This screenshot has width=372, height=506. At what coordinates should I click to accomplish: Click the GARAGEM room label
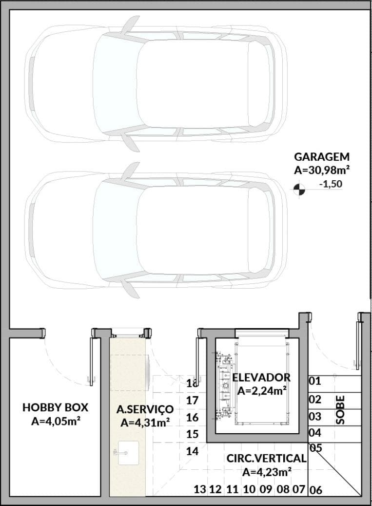(322, 157)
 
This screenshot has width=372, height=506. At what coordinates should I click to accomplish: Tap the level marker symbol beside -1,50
(299, 190)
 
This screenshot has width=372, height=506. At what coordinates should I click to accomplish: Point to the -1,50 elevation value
(331, 184)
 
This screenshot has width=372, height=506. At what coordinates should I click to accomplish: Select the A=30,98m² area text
(322, 170)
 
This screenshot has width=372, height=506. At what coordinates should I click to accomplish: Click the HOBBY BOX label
(56, 407)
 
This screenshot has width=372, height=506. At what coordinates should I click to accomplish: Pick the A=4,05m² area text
(56, 421)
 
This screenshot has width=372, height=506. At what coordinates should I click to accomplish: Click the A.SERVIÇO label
(145, 409)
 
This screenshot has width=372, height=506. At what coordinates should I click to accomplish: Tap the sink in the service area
(128, 453)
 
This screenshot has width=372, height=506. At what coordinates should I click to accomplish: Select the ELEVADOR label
(261, 377)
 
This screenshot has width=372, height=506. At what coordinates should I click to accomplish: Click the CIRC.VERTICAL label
(266, 458)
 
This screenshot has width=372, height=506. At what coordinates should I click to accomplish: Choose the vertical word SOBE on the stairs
(340, 410)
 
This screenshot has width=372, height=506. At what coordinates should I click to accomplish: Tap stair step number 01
(315, 381)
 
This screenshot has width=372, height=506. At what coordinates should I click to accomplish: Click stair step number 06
(315, 490)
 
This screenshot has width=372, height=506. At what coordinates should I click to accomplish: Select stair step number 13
(200, 489)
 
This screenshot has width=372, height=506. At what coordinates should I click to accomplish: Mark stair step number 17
(192, 401)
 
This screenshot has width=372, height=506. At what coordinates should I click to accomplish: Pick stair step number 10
(249, 489)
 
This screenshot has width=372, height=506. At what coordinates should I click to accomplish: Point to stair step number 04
(315, 433)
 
